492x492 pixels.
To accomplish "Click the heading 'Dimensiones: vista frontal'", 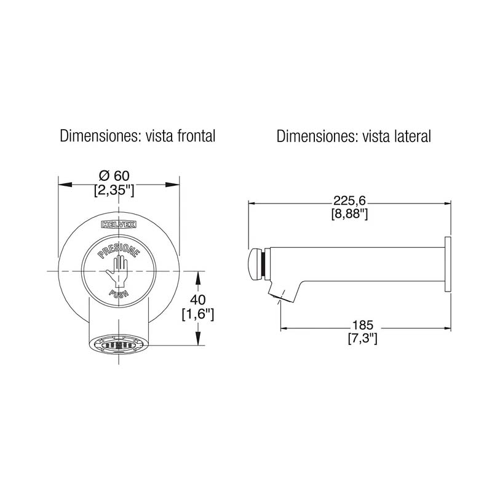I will tap(137, 136).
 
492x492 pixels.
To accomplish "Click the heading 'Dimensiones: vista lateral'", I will tap(354, 136).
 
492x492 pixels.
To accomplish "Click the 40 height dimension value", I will tap(198, 301).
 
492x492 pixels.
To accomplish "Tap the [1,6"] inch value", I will tap(198, 314).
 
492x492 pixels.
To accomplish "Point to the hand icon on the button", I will tap(118, 270).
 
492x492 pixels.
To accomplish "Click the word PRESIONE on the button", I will tap(119, 253).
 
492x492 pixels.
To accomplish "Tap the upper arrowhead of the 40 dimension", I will tap(198, 275).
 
